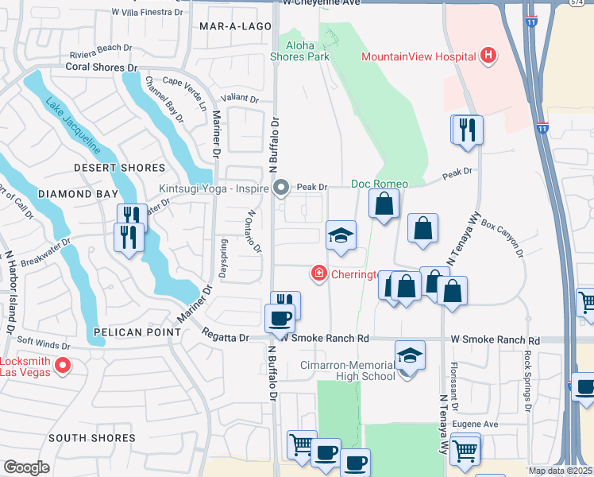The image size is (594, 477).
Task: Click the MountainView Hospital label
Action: [x=418, y=56]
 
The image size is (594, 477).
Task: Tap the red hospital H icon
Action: [x=488, y=56]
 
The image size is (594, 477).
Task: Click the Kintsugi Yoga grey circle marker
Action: [x=280, y=188]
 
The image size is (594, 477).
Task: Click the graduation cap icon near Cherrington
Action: [x=341, y=235]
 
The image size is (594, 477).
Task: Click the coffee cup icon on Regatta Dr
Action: [x=279, y=319]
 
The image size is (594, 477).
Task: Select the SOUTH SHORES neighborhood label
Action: [x=91, y=438]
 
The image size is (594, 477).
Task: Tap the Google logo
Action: [x=26, y=467]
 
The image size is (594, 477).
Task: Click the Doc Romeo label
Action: [x=380, y=184]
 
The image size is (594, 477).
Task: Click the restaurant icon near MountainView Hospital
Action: [x=468, y=130]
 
